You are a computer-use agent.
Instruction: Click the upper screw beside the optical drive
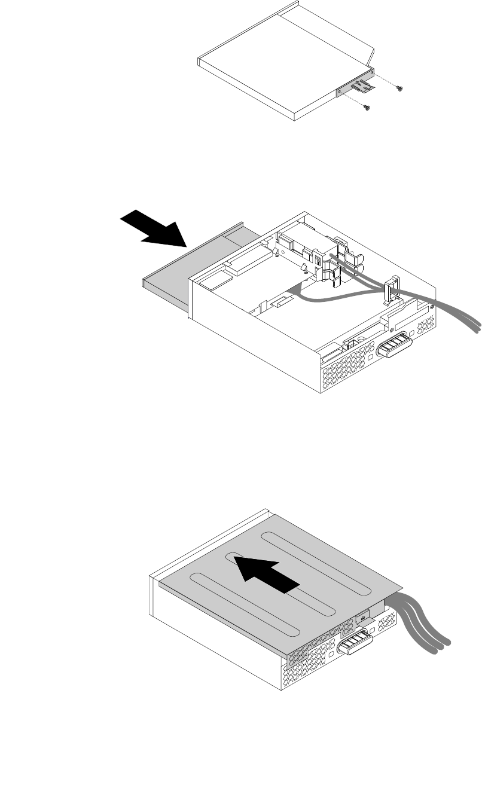(400, 88)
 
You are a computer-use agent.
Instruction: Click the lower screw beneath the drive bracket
(367, 108)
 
